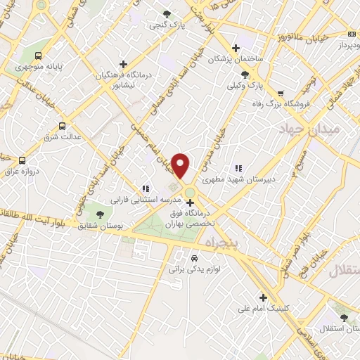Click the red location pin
click(181, 166)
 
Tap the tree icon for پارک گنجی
click(167, 14)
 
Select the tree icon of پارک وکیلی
click(245, 74)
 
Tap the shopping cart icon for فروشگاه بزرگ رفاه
click(281, 93)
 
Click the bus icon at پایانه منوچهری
click(38, 56)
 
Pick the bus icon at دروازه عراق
click(22, 160)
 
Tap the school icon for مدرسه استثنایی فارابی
click(145, 188)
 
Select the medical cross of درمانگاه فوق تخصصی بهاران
click(190, 203)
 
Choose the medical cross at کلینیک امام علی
click(264, 297)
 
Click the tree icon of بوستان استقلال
click(344, 318)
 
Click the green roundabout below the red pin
click(190, 192)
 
